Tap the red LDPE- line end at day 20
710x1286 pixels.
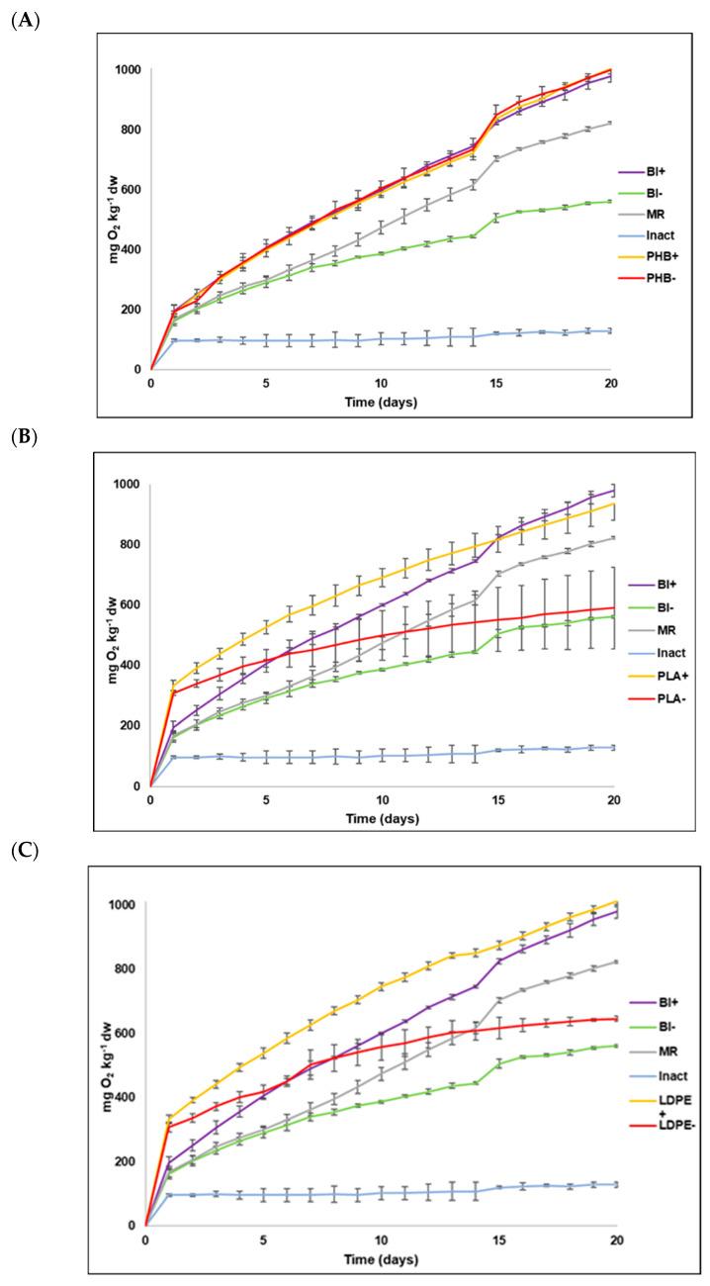pyautogui.click(x=616, y=1018)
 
